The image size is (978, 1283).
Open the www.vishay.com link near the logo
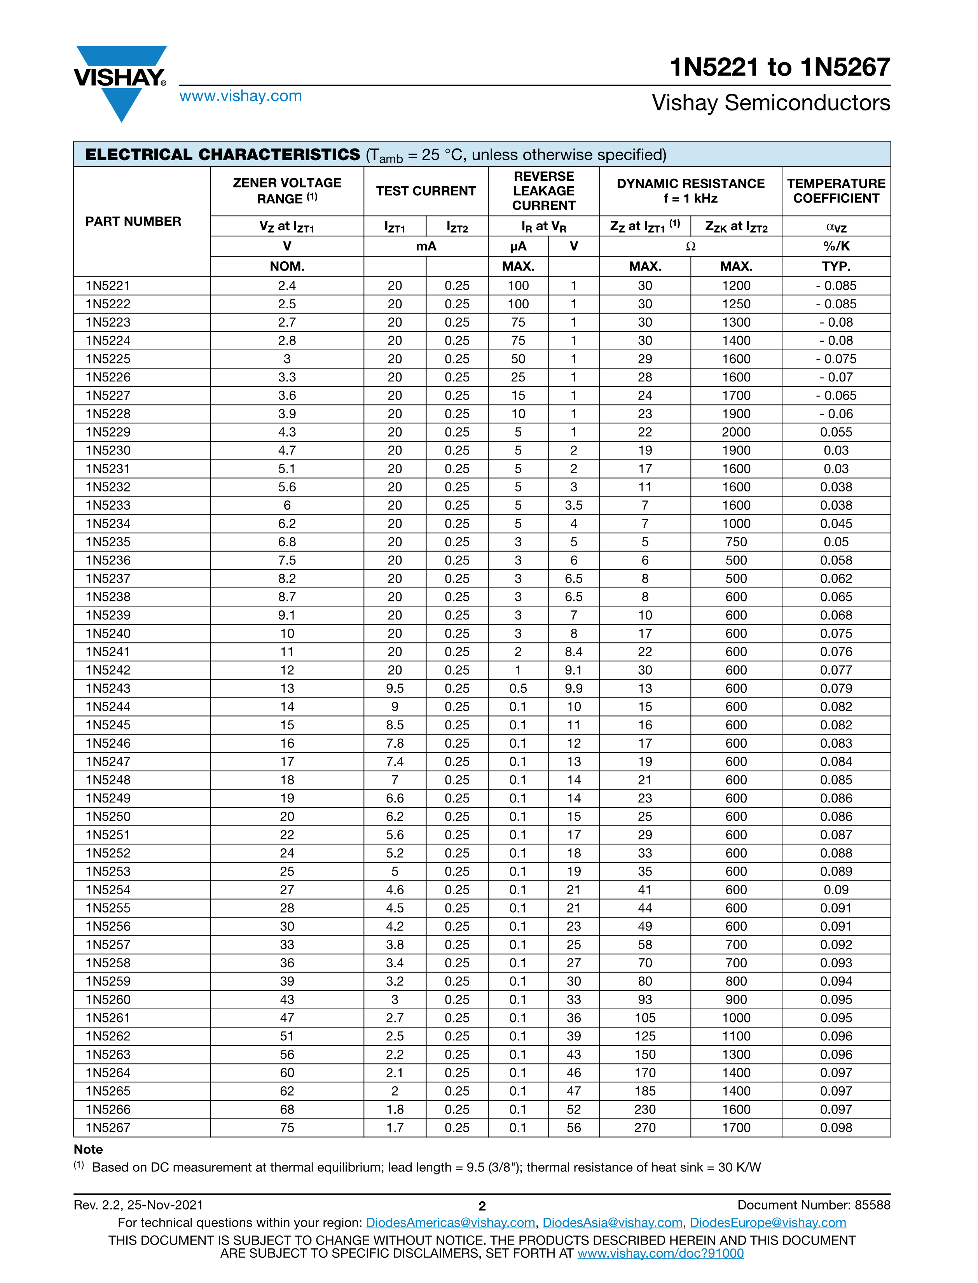241,96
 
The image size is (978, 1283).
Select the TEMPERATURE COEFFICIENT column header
836,191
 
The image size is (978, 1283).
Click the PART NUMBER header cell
133,221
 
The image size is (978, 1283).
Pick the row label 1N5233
108,505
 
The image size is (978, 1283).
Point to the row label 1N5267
108,1127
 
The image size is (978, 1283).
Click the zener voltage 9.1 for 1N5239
286,615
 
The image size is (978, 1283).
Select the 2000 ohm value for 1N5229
736,432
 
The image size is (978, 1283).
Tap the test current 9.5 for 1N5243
395,688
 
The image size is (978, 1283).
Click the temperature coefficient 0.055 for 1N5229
836,432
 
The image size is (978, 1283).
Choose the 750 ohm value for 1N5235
736,542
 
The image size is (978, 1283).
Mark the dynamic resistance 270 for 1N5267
644,1127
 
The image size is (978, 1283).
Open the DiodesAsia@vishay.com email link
612,1222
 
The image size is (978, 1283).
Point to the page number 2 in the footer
482,1206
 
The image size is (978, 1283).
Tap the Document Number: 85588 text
813,1205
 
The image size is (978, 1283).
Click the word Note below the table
89,1150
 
